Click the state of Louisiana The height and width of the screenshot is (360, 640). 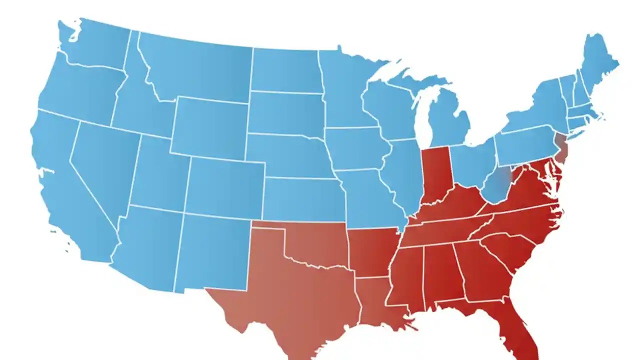377,305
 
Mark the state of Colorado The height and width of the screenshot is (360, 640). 225,185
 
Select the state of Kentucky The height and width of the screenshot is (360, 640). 452,205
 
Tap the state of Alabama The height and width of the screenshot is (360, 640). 442,272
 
